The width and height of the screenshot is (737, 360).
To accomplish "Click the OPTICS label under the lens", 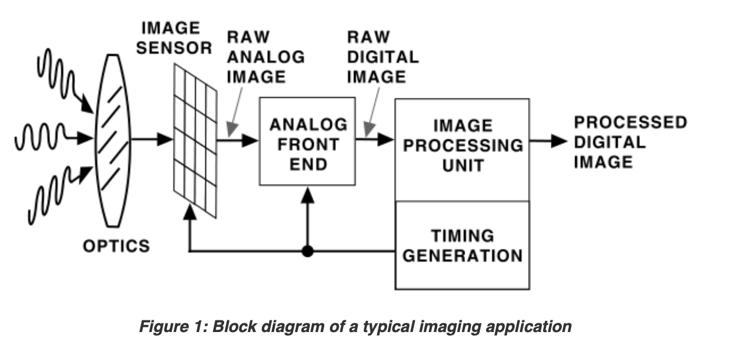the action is [x=116, y=246].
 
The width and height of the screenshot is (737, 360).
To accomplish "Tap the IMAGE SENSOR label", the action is [x=174, y=38].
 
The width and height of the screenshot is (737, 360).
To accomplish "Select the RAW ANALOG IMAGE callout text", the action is [x=266, y=57].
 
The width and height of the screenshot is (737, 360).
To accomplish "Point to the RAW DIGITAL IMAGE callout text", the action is [x=383, y=57].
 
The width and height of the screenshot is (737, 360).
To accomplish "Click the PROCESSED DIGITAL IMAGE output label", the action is [x=630, y=142].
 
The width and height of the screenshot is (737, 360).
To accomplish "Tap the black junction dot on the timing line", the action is [x=307, y=251].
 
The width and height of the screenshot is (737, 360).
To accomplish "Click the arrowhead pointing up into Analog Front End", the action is [x=307, y=195].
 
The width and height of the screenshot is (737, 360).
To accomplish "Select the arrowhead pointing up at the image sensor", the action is [x=190, y=212].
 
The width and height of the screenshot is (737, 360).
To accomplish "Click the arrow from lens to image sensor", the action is [x=152, y=139].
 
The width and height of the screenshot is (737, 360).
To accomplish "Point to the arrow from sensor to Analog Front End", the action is [x=238, y=140].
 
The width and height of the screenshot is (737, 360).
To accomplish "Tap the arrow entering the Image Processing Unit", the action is [x=375, y=139].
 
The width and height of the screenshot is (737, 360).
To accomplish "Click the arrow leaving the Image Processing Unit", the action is [x=548, y=141].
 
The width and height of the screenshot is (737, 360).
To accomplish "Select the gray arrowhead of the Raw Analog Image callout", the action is [x=232, y=129].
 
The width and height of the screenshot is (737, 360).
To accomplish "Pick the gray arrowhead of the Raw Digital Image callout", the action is [x=369, y=129].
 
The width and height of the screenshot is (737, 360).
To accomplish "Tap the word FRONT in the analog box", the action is [x=309, y=144].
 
